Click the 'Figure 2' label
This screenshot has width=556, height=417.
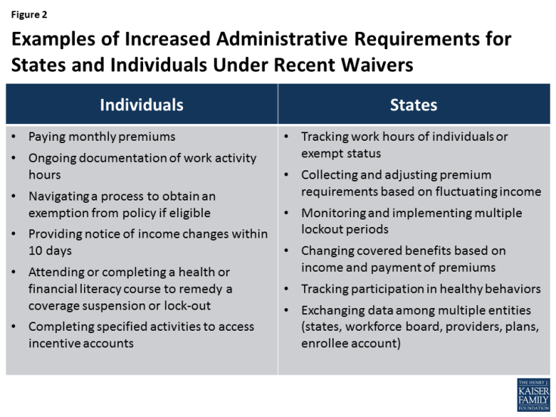point(29,14)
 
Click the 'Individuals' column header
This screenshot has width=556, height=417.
point(142,104)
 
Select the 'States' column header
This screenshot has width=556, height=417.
point(414,104)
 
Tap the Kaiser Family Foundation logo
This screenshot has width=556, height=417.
point(533,395)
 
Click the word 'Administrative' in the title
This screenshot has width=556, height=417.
point(282,39)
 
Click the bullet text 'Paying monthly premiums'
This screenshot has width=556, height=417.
point(102,137)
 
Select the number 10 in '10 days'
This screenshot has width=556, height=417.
point(36,251)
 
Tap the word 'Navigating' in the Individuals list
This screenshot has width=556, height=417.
point(59,196)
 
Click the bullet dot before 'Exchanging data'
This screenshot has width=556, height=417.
point(287,310)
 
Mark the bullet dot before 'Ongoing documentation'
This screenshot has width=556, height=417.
point(14,158)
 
